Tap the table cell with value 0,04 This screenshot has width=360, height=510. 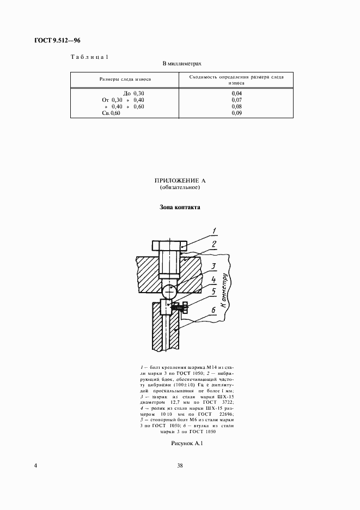click(236, 94)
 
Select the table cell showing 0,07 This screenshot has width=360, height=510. click(236, 100)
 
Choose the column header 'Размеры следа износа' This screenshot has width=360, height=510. click(125, 80)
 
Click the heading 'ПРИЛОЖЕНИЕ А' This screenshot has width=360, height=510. click(180, 180)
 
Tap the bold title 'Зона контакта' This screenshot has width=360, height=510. click(180, 208)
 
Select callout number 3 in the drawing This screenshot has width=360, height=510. click(215, 266)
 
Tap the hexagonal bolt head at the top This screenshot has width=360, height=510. click(168, 246)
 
